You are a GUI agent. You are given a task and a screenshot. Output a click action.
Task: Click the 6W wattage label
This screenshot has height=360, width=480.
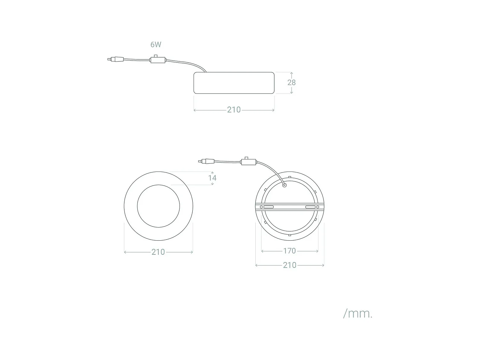coord(156,44)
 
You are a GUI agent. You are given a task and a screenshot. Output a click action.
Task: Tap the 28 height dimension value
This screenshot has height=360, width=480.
coord(292,83)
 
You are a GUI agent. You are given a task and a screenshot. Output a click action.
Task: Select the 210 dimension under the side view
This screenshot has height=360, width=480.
coord(234,110)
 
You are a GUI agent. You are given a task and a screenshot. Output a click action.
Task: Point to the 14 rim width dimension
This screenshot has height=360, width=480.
coord(212,178)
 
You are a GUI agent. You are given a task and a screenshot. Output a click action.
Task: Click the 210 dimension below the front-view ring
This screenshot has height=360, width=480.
coord(158,252)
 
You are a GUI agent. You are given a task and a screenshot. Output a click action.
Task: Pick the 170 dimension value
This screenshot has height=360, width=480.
coord(290,251)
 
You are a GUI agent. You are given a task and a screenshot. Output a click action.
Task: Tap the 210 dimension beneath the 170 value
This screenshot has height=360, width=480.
coord(290,265)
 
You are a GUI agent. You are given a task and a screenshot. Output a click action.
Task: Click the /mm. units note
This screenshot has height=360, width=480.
coord(358,313)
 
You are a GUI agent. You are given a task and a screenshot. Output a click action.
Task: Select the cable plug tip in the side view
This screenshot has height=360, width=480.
coord(109,59)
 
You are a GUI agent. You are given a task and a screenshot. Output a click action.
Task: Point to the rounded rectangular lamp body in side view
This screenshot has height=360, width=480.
coord(234,83)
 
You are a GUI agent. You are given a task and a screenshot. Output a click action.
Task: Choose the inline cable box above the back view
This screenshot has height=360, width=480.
coord(248,162)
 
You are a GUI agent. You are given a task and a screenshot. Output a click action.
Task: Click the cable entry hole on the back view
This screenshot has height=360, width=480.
coord(284,185)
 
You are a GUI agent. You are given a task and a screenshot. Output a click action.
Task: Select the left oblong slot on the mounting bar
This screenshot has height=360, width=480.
coord(268,207)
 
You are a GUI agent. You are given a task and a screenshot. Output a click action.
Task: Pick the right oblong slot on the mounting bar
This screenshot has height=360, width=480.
coord(310,207)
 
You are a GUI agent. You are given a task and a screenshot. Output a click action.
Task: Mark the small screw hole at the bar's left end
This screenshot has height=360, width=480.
coord(261,207)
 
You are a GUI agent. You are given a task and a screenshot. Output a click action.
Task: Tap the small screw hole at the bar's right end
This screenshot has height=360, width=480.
coord(318,207)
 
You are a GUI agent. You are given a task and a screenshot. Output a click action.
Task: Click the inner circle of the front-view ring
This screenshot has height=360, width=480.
coord(158,206)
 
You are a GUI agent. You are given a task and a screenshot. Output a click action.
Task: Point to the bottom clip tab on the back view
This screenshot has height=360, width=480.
coord(290,235)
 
